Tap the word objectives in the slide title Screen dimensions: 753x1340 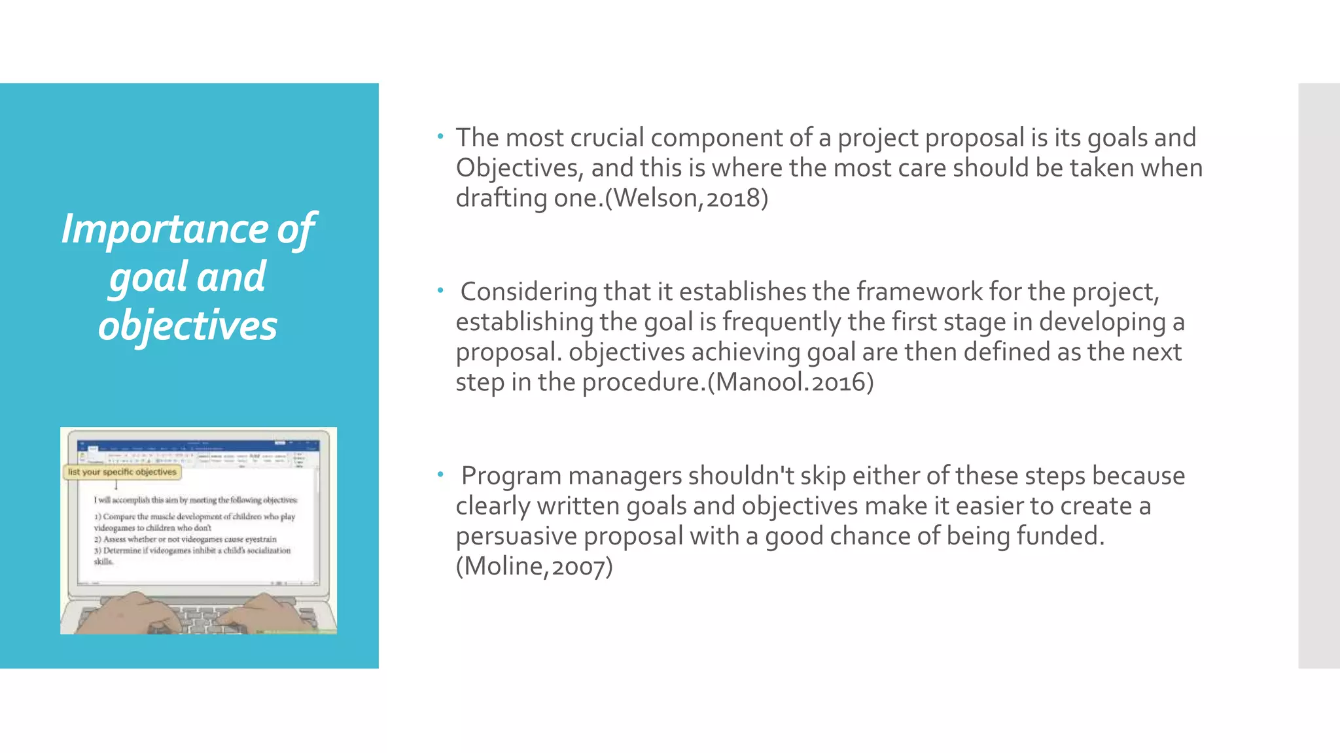pyautogui.click(x=188, y=326)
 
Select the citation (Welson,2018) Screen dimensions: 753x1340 pyautogui.click(x=686, y=198)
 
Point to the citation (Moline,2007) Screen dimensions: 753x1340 pyautogui.click(x=534, y=567)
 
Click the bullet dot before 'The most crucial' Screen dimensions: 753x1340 pyautogui.click(x=441, y=137)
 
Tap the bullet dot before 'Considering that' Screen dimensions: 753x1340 pyautogui.click(x=441, y=290)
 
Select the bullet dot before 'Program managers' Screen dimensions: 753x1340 pyautogui.click(x=441, y=474)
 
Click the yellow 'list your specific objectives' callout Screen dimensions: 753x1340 pyautogui.click(x=122, y=472)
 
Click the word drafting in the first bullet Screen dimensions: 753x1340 pyautogui.click(x=501, y=198)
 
